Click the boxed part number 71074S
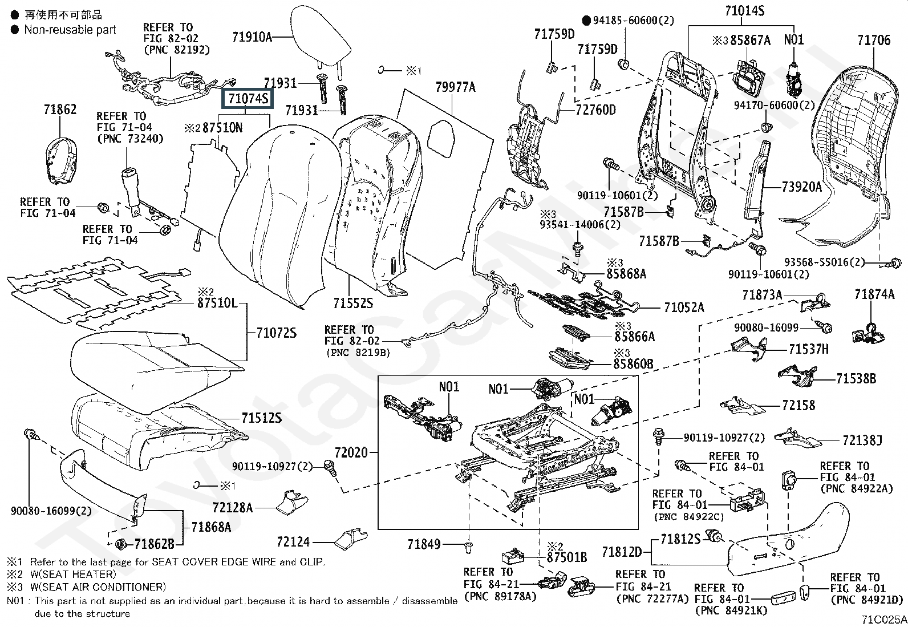pos(248,100)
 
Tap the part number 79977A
pos(455,87)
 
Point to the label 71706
pos(873,40)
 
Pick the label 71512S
pos(261,418)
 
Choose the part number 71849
pos(424,545)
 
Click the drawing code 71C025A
pos(883,619)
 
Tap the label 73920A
pos(801,187)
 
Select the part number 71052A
pos(684,308)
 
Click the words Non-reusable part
pos(70,30)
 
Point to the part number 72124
pos(293,541)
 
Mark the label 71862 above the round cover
pos(60,110)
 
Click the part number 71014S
pos(744,10)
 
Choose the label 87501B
pos(566,557)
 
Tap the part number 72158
pos(798,406)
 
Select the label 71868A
pos(211,527)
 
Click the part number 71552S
pos(353,303)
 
